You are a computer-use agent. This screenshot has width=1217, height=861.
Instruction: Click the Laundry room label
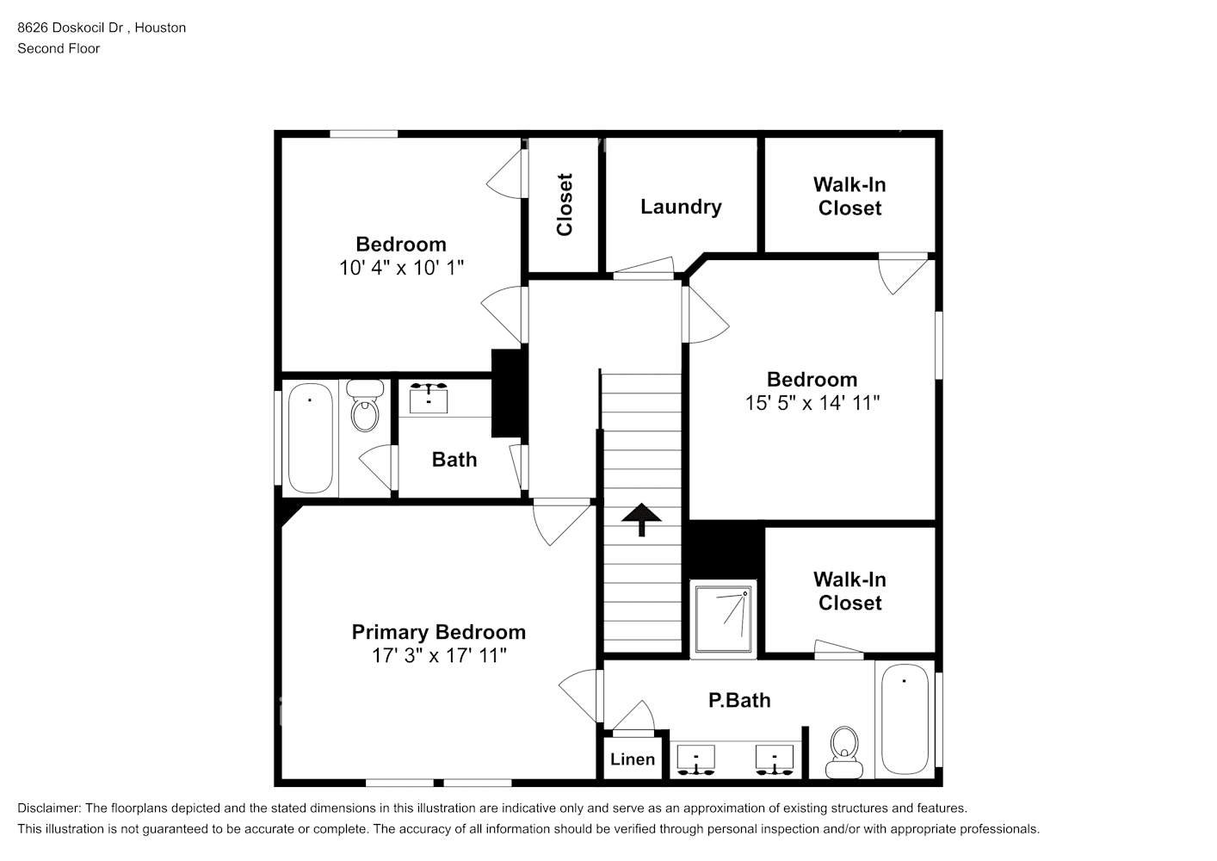681,208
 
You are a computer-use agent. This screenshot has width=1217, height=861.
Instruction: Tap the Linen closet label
633,759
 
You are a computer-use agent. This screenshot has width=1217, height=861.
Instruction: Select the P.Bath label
739,700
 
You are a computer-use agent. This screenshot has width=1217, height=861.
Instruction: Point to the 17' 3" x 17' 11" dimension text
439,655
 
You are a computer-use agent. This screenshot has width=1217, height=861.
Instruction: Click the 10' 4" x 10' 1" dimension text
401,268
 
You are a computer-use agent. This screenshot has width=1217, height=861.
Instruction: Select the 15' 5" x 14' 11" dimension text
812,403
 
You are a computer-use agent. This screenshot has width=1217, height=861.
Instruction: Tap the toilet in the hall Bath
365,406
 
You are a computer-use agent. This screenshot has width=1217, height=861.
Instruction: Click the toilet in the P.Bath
843,753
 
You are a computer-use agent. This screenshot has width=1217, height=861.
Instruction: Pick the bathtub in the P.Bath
905,719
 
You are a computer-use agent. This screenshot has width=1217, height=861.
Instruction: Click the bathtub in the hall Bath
310,438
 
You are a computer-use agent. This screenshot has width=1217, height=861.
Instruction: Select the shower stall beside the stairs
723,619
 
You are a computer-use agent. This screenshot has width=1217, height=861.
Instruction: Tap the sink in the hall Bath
429,399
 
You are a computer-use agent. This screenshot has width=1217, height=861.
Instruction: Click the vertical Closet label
565,204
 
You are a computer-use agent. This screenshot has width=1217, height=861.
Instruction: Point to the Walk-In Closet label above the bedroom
849,196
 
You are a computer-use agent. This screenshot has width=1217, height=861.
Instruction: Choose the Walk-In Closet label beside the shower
849,592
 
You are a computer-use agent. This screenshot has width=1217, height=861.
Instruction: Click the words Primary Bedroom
439,632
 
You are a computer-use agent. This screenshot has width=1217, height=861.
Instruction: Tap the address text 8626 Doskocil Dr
71,28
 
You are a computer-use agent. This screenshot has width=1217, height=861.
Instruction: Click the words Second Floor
59,48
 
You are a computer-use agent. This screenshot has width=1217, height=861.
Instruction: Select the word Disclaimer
49,808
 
